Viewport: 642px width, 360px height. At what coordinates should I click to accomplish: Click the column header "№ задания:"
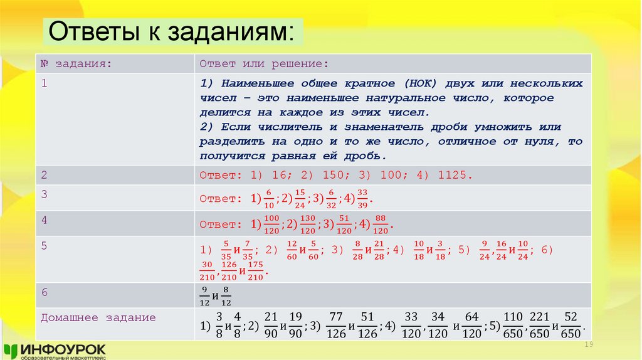76,63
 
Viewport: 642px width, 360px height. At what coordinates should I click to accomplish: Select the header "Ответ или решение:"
264,63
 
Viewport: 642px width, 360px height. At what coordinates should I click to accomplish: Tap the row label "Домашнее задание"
98,318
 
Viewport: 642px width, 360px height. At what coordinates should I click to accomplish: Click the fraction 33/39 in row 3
363,198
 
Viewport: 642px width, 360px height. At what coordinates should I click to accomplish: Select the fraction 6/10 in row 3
269,198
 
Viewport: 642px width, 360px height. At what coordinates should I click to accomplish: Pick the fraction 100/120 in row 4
271,223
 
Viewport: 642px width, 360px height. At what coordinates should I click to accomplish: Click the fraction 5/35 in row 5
226,250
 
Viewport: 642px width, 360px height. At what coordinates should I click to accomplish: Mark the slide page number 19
588,346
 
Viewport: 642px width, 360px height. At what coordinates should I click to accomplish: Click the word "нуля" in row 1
545,142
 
